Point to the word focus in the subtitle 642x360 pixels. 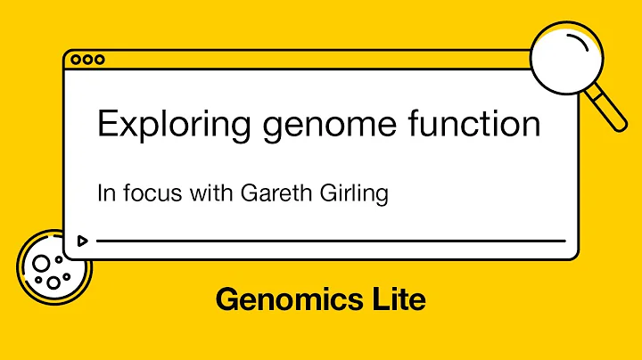tap(147, 192)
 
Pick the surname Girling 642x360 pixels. tap(354, 193)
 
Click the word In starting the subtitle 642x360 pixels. tap(104, 192)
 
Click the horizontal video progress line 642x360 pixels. tap(330, 241)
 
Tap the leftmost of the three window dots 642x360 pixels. tap(76, 60)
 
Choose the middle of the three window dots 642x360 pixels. tap(87, 60)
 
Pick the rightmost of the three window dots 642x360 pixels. tap(99, 60)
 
